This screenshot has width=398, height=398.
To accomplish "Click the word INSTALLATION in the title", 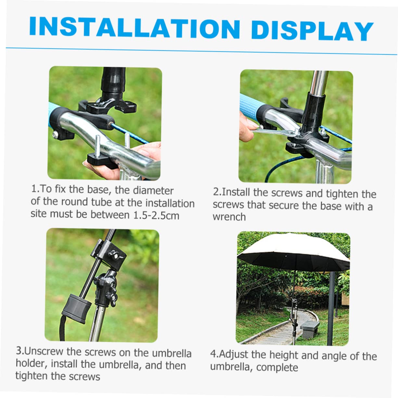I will coord(135,27).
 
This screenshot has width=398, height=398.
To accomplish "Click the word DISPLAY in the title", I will coord(312,31).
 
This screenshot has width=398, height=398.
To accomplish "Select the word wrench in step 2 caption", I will coord(229,217).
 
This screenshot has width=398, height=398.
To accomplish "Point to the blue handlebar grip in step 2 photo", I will coord(250,106).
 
